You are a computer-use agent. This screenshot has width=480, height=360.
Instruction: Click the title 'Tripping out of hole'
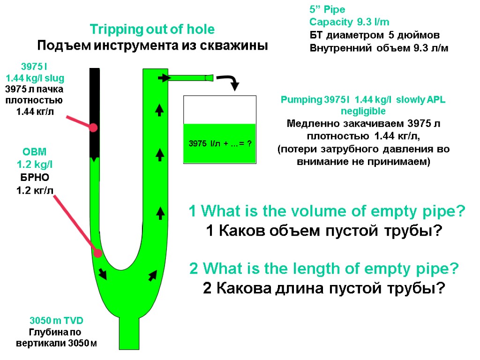pos(152,29)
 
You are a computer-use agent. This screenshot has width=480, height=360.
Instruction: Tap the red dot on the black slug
pos(94,127)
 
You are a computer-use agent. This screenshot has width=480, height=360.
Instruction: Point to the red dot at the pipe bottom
pos(97,253)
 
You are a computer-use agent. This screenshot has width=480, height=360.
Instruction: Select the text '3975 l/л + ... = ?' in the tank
pos(219,143)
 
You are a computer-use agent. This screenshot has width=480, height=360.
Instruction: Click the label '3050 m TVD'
pos(56,321)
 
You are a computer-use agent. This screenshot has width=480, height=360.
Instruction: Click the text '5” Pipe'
pos(327,9)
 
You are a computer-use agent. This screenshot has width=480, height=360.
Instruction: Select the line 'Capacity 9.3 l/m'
pos(349,22)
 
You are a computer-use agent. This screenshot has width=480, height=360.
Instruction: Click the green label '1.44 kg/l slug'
pos(35,78)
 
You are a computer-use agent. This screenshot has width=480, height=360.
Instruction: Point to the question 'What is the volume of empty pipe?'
pos(327,212)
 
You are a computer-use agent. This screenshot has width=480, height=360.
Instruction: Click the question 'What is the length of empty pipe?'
pos(324,269)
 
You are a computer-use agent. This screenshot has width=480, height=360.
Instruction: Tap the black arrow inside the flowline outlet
pos(163,78)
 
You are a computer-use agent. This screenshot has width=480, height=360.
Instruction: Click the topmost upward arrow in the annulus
pos(160,110)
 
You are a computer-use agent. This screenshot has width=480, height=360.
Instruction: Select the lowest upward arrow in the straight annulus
pos(160,213)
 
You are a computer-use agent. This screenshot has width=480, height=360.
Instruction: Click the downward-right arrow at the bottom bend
pos(102,273)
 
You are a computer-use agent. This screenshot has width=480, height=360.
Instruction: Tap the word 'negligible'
pos(363,111)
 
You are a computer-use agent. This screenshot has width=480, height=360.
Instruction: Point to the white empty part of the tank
pos(219,109)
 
